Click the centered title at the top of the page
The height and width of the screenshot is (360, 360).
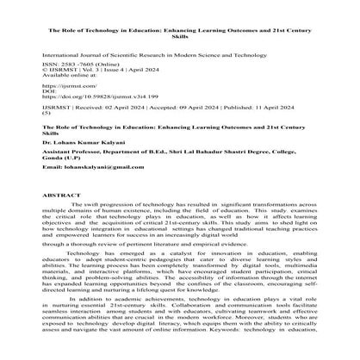pos(179,16)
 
